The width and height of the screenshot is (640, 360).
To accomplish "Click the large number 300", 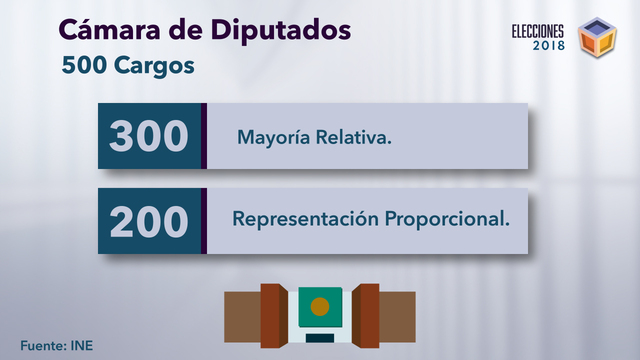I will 149,135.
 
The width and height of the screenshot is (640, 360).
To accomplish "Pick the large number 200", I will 149,219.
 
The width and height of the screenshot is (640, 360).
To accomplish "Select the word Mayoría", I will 272,136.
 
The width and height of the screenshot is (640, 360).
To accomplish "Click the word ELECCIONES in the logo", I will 538,30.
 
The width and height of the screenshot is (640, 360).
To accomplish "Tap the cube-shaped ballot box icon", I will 598,37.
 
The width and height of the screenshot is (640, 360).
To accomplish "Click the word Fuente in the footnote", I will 42,346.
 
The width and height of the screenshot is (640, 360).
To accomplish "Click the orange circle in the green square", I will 320,306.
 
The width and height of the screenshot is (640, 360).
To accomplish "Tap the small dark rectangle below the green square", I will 320,338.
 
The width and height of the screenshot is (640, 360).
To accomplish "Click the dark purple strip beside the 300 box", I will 204,135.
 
